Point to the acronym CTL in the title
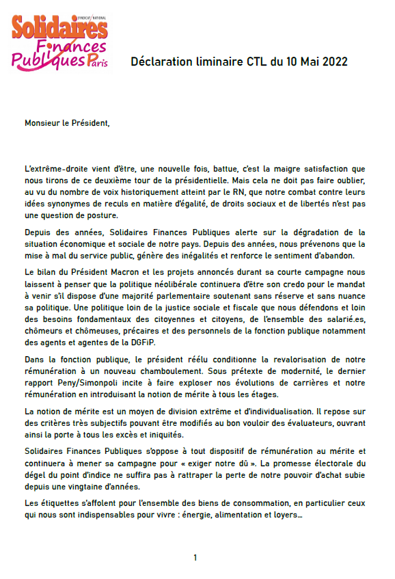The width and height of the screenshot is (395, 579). point(254,62)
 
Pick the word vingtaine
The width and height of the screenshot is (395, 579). point(100,486)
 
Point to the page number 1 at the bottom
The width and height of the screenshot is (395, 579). point(195,558)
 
